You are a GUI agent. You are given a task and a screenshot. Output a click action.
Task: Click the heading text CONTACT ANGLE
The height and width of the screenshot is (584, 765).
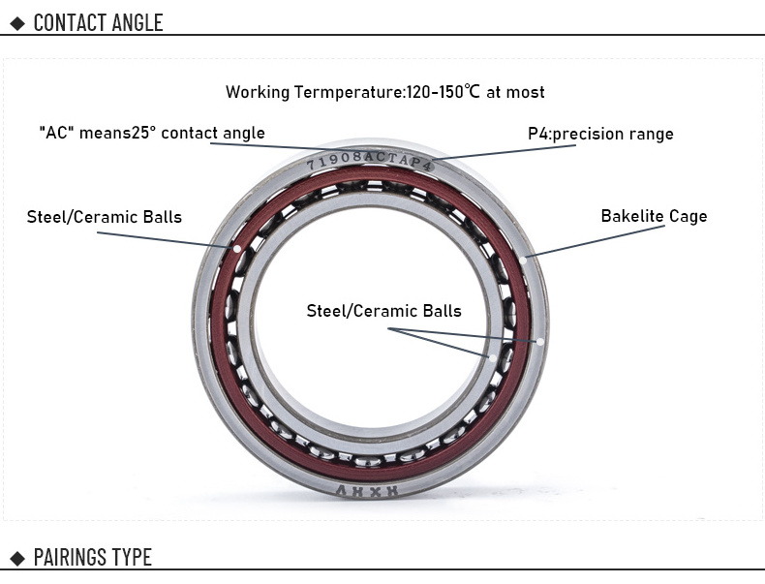coord(98,22)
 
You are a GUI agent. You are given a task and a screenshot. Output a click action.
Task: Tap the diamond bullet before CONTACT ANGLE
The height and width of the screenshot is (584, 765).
coord(16,22)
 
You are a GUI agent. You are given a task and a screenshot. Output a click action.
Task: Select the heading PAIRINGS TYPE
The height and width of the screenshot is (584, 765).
coord(92,557)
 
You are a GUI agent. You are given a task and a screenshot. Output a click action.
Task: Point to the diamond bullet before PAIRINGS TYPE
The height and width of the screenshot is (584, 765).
coord(16,558)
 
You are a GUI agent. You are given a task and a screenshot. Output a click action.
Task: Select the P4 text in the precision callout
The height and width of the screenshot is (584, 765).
coord(538,134)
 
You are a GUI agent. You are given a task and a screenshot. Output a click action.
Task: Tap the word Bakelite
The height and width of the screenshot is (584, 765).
coord(633,216)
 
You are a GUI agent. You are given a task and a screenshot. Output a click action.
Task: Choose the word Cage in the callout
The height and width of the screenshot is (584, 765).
coord(688,216)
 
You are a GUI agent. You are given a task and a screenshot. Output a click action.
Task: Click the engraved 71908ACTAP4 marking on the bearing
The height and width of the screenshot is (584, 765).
coord(369,161)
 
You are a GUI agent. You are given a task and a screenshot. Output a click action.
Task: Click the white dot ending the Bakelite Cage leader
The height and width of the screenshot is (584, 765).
coord(523,259)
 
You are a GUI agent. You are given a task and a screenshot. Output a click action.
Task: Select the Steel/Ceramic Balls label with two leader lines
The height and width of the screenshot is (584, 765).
coord(383,311)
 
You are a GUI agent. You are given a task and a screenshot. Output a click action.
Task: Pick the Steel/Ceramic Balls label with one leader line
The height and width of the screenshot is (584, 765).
coord(104,217)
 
